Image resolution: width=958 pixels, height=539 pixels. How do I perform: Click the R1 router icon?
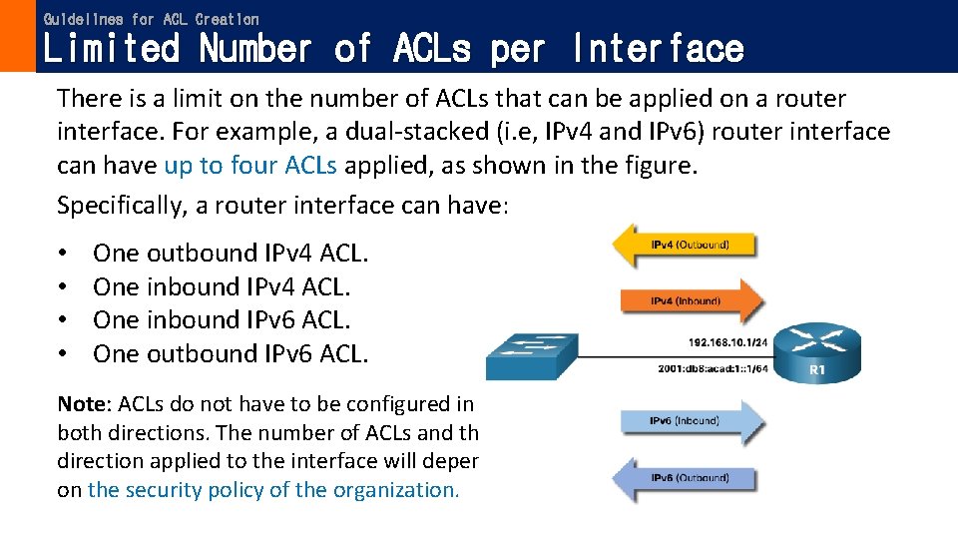point(817,351)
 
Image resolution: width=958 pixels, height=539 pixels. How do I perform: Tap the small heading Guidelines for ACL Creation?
point(151,19)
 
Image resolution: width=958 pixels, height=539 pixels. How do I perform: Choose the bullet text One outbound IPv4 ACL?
point(231,254)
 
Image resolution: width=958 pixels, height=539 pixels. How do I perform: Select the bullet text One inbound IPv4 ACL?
point(222,286)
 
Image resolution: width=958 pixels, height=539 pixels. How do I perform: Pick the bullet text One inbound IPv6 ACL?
point(222,319)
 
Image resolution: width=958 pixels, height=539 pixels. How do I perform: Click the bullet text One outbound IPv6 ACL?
point(231,353)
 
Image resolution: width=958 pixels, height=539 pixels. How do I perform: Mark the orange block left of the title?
point(17,36)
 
